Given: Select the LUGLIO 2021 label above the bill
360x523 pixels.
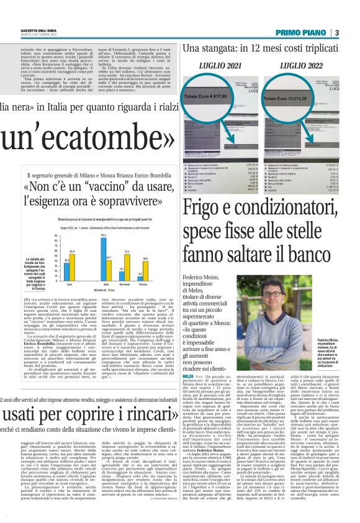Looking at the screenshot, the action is coord(218,65).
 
